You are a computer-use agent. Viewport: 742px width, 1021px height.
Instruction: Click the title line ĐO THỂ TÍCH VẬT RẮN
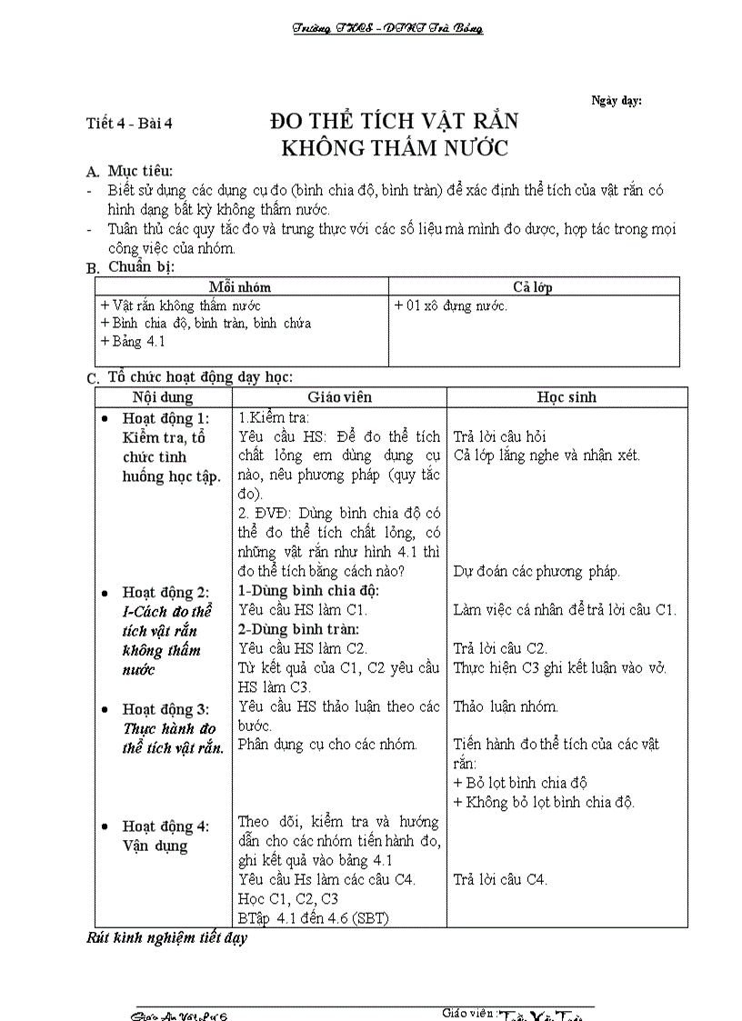(395, 122)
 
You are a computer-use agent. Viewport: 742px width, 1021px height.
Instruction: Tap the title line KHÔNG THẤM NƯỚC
(395, 147)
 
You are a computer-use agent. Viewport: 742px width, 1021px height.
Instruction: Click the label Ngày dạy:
(617, 101)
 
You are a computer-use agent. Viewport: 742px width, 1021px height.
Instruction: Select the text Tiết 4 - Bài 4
(128, 125)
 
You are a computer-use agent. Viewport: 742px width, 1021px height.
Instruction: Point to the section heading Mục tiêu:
(139, 171)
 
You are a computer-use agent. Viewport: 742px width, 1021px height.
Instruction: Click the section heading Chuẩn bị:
(141, 266)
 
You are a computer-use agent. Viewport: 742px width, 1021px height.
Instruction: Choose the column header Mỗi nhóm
(240, 286)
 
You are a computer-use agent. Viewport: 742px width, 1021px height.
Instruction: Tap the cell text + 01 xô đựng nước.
(450, 305)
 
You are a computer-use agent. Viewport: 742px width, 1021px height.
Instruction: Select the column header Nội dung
(163, 397)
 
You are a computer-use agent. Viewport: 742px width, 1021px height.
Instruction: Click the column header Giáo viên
(339, 397)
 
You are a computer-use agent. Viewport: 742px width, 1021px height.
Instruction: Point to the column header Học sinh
(567, 397)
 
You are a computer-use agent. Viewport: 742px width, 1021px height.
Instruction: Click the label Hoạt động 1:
(165, 418)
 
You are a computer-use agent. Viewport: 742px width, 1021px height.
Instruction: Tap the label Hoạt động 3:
(165, 709)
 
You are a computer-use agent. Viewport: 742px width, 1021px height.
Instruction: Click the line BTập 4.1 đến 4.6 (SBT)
(313, 917)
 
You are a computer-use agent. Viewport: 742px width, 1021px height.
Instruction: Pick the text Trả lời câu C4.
(500, 879)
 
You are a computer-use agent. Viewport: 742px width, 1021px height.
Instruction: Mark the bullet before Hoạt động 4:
(105, 827)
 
